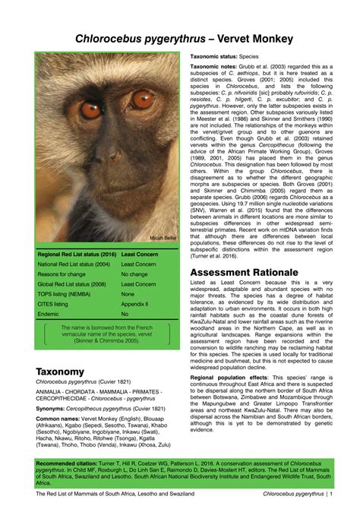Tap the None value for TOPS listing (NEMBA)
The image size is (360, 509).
pos(128,294)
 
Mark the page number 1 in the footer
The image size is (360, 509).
pos(330,494)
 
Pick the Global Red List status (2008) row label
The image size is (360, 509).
pos(73,284)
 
